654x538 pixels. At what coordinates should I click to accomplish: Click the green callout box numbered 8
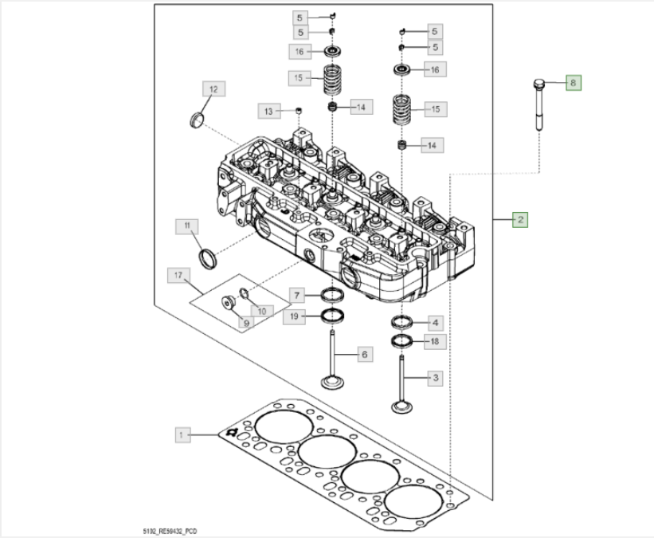(x=574, y=81)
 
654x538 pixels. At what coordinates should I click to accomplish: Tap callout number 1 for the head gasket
(x=183, y=435)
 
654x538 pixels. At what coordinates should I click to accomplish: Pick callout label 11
(x=187, y=227)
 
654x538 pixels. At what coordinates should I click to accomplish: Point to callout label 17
(x=178, y=276)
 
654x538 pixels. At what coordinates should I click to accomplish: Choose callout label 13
(x=268, y=110)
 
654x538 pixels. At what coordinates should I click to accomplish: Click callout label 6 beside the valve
(x=364, y=354)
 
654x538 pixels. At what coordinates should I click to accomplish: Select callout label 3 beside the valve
(x=435, y=378)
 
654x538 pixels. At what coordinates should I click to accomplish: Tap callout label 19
(x=294, y=317)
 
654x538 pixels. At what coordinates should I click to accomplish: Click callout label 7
(x=294, y=296)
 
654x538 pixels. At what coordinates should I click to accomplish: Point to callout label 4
(x=435, y=323)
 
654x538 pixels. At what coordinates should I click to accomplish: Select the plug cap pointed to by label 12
(x=194, y=121)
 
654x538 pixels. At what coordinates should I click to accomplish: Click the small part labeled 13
(x=300, y=109)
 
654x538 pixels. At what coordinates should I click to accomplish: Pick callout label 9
(x=246, y=323)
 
